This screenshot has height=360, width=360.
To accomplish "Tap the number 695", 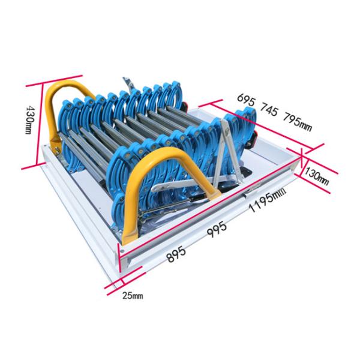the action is point(247,100).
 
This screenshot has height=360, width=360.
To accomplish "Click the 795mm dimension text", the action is point(298,122).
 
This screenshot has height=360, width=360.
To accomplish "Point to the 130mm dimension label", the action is point(317,176).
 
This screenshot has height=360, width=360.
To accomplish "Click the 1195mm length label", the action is point(268,200).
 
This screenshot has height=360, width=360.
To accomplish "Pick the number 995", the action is point(217,229).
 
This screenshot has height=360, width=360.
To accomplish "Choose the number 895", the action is point(176,254).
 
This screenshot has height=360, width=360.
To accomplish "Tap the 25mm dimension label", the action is point(133,295).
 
